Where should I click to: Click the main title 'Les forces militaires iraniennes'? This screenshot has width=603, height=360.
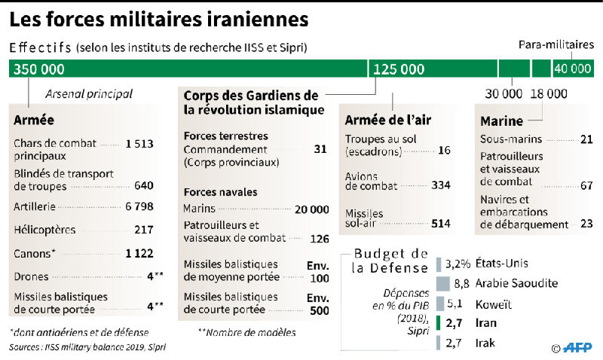point(158,17)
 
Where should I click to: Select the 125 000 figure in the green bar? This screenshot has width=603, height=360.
point(399,69)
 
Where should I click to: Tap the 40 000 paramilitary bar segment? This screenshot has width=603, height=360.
point(572,69)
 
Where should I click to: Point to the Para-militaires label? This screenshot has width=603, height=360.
point(556,45)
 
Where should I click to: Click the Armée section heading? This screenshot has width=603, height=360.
point(34,120)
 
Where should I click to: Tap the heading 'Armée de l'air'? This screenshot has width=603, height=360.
point(388,120)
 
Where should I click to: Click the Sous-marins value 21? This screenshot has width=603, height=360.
point(586,139)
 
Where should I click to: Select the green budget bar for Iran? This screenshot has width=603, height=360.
point(439,324)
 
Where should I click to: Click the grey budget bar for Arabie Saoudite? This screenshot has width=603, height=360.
point(443,283)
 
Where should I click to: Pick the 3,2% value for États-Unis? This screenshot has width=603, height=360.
point(458,264)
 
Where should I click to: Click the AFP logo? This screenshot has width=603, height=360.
point(577,347)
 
